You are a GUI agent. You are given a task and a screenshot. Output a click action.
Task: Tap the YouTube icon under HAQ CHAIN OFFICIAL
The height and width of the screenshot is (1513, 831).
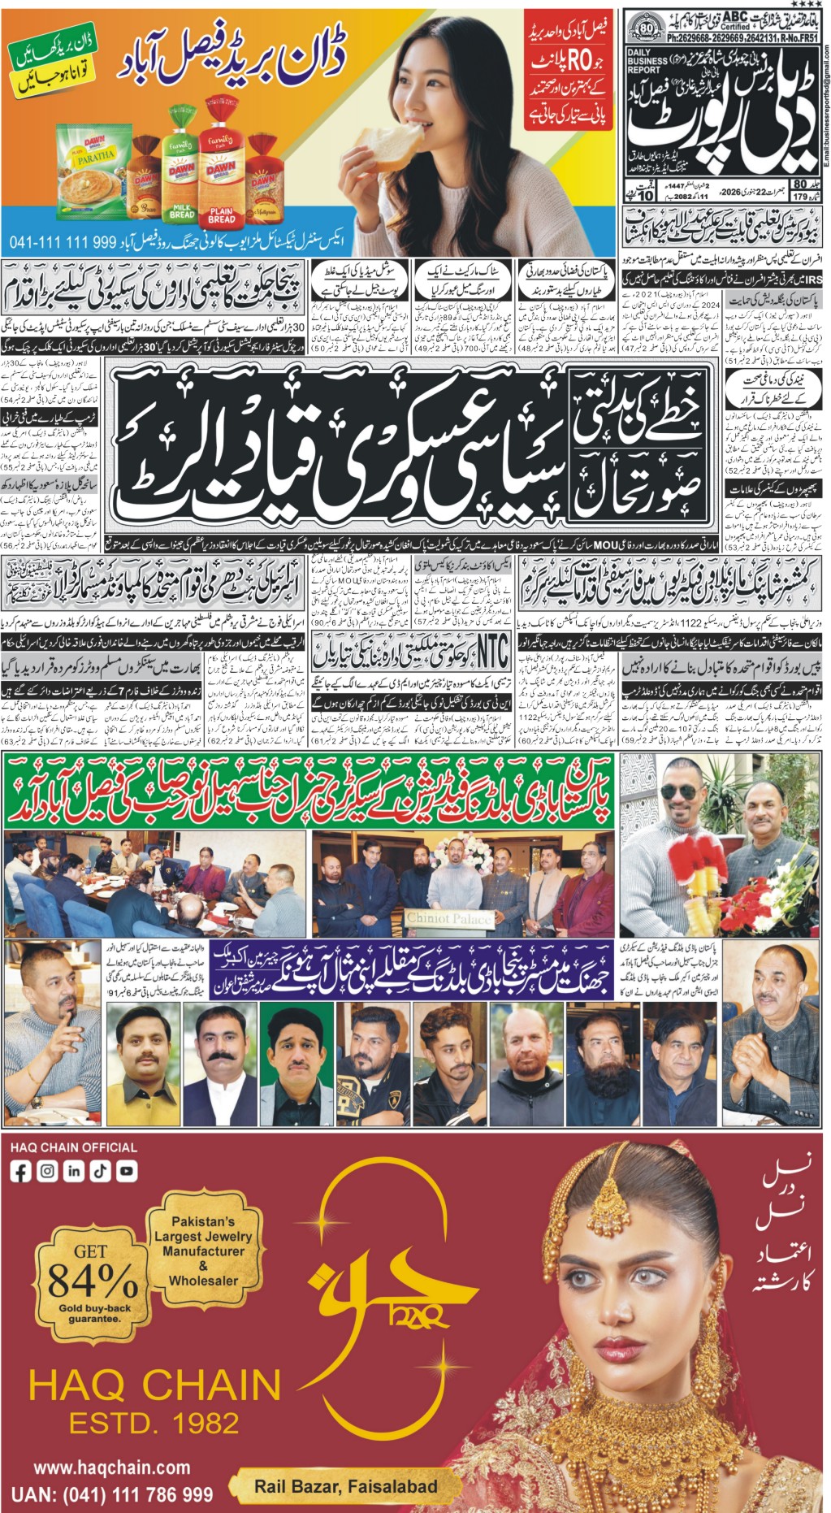click(127, 1171)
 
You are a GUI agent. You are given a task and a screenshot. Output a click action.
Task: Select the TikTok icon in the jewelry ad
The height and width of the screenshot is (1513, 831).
click(101, 1171)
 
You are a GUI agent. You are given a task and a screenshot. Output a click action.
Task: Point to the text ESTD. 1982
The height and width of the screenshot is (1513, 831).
click(154, 1423)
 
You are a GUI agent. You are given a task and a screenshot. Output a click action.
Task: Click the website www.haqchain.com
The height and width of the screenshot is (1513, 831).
click(112, 1467)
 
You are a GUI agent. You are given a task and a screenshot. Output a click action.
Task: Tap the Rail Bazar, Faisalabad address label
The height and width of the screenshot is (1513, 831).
click(346, 1486)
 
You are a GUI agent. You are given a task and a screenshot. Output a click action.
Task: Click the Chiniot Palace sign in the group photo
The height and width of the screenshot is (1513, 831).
click(449, 918)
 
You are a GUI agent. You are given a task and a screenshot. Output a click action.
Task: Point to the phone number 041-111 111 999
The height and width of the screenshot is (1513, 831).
click(63, 242)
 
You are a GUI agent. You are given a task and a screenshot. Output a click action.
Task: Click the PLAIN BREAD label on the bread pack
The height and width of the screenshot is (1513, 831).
click(221, 215)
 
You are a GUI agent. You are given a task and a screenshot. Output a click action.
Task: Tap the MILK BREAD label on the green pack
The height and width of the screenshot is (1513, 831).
click(182, 212)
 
